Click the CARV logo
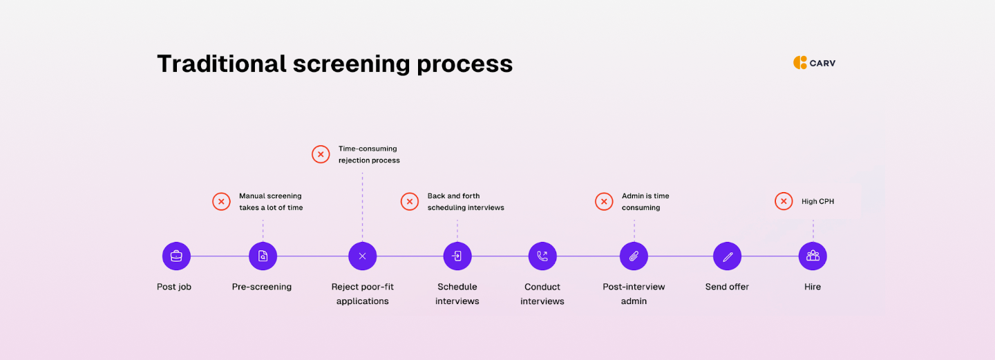tap(814, 63)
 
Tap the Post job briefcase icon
tap(176, 256)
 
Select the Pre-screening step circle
tap(263, 256)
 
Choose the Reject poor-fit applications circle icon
tap(362, 256)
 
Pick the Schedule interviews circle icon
tap(457, 256)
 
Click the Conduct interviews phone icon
tap(542, 256)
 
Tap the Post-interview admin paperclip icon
tap(634, 256)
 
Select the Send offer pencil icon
tap(727, 256)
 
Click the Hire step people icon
tap(813, 256)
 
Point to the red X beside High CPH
tap(784, 201)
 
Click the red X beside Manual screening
tap(221, 202)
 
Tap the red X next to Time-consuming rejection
tap(321, 154)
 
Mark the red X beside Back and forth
tap(410, 202)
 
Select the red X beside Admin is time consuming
tap(604, 202)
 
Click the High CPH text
tap(817, 202)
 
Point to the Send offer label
tap(727, 287)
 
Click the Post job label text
tap(174, 287)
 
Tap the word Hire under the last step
tap(813, 287)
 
